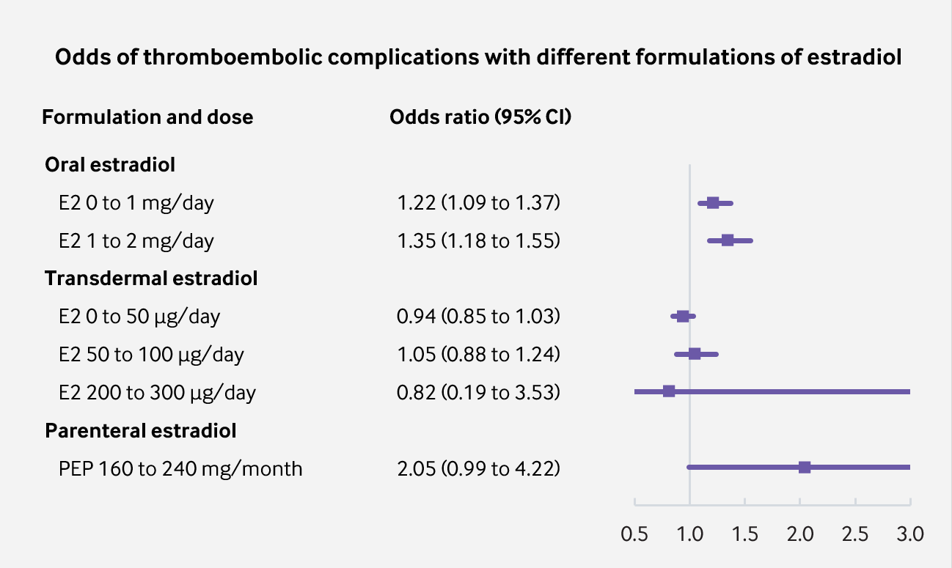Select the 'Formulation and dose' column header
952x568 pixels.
tap(147, 117)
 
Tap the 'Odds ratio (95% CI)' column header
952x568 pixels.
tap(480, 117)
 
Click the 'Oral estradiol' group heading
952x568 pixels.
tap(110, 164)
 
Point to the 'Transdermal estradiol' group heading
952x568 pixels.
tap(151, 279)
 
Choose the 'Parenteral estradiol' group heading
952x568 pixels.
tap(141, 431)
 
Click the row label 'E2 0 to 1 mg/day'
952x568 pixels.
tap(136, 202)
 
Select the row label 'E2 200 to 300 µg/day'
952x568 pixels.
tap(158, 393)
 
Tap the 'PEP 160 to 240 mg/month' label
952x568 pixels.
tap(180, 468)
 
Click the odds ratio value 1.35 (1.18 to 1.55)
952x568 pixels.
tap(478, 240)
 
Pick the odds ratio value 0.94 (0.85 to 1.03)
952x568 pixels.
tap(478, 317)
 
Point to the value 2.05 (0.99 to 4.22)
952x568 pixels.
tap(478, 468)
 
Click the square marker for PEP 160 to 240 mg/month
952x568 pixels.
tap(805, 467)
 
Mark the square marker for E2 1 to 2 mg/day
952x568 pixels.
tap(728, 240)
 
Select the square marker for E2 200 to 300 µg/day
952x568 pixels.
tap(669, 391)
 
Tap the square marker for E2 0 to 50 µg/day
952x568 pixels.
tap(683, 316)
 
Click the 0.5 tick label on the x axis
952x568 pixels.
tap(634, 534)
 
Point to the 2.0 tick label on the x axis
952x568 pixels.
tap(800, 534)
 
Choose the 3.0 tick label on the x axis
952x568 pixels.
tap(910, 534)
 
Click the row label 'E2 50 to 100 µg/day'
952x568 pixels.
tap(152, 355)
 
